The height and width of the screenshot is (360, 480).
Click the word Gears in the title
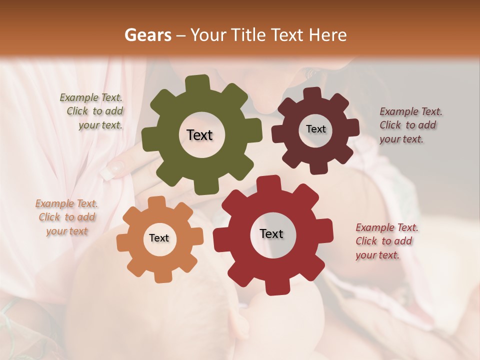click(x=147, y=35)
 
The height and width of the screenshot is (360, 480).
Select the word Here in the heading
click(x=327, y=35)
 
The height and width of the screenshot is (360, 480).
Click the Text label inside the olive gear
click(x=199, y=135)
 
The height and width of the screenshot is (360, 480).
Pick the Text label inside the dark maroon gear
click(x=315, y=129)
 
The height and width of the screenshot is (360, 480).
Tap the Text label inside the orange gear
click(x=159, y=238)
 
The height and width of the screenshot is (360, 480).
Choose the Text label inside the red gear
click(x=271, y=234)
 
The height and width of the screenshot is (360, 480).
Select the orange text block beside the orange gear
click(x=66, y=217)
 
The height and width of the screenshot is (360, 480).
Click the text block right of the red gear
click(x=385, y=241)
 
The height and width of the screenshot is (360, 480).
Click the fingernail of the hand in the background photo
click(x=109, y=170)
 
